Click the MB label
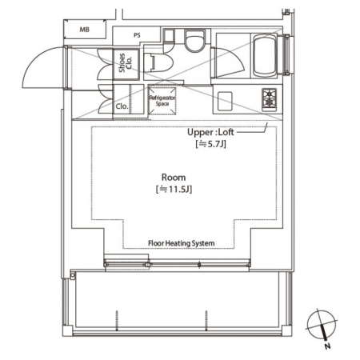tap(85, 30)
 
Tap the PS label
tap(137, 35)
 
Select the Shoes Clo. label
tap(126, 63)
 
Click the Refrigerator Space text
tap(162, 101)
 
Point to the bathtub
tap(264, 55)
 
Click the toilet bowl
tap(195, 41)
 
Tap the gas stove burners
tap(270, 99)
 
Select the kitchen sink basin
tap(225, 101)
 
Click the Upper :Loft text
tap(210, 132)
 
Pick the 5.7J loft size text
tap(210, 144)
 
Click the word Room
tap(174, 178)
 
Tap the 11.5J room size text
tap(174, 190)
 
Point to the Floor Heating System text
tap(182, 243)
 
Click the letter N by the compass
tap(328, 346)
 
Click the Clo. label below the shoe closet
tap(122, 106)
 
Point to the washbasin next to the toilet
tap(158, 62)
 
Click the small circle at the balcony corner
tap(72, 275)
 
